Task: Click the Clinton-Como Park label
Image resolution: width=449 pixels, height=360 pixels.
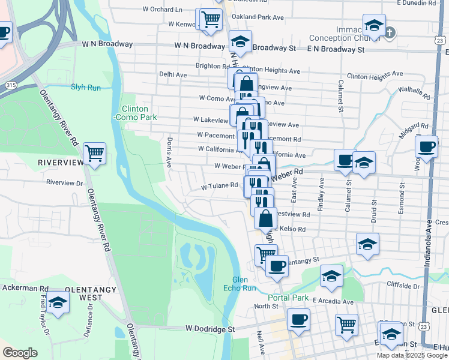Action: pyautogui.click(x=139, y=113)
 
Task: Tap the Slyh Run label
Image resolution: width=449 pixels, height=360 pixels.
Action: pyautogui.click(x=85, y=88)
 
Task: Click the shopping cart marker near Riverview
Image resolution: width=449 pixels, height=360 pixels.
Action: pyautogui.click(x=95, y=154)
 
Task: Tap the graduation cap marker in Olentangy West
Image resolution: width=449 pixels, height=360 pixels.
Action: pyautogui.click(x=58, y=303)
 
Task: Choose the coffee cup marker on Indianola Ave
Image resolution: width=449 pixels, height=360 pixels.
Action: pyautogui.click(x=426, y=146)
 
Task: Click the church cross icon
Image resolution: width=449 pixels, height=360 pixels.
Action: pyautogui.click(x=390, y=31)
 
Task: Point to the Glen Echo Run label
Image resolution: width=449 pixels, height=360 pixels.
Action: pyautogui.click(x=244, y=284)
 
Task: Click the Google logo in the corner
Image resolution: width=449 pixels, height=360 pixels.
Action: pyautogui.click(x=20, y=353)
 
